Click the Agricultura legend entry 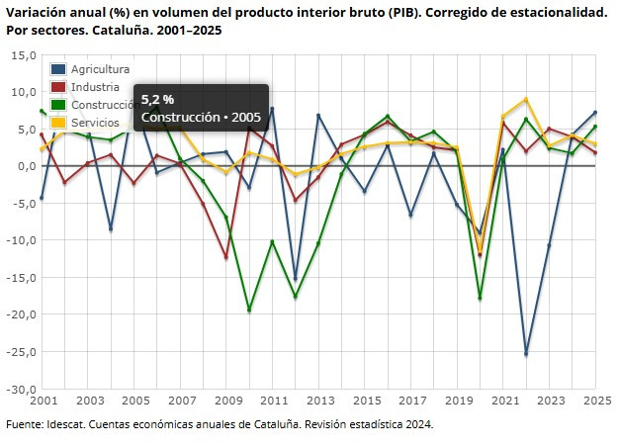point(100,69)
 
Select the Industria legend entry point(95,87)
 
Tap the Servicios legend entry point(95,123)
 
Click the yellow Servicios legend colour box point(59,123)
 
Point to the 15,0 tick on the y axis point(24,55)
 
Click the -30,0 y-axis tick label point(22,389)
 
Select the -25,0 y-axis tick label point(22,351)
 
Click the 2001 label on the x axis point(44,402)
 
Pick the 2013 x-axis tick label point(319,402)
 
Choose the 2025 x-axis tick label point(594,402)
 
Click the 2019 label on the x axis point(457,402)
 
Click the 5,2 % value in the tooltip point(157,100)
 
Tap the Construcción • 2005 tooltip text point(201,117)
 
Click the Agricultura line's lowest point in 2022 point(526,353)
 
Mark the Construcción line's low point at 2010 point(249,310)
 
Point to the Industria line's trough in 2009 point(226,258)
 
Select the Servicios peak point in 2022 point(526,99)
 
